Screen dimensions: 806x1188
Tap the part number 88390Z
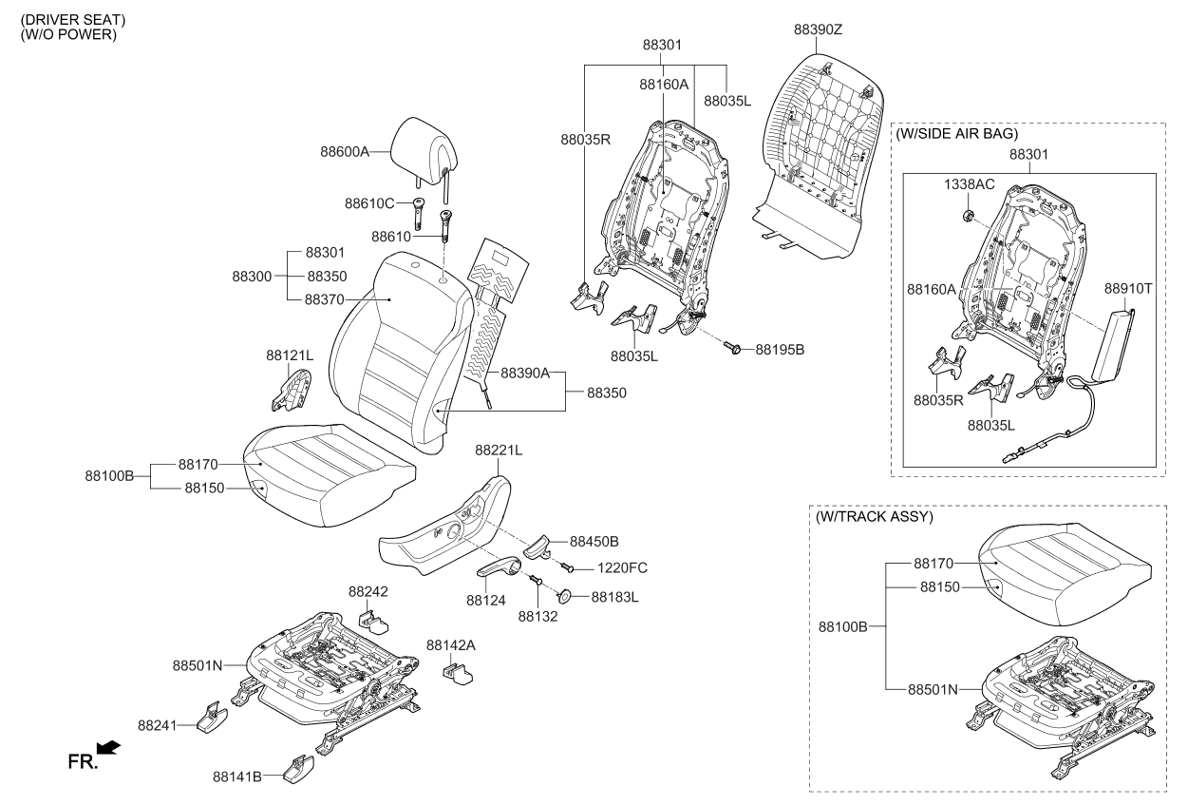pyautogui.click(x=818, y=29)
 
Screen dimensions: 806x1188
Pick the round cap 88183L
pyautogui.click(x=563, y=597)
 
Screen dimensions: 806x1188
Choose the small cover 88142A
pyautogui.click(x=458, y=672)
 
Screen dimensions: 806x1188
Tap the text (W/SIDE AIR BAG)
pyautogui.click(x=956, y=134)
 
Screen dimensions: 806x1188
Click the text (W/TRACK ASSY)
pyautogui.click(x=874, y=517)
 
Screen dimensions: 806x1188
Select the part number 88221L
pyautogui.click(x=499, y=450)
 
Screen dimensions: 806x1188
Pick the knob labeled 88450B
pyautogui.click(x=536, y=548)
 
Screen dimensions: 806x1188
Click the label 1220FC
pyautogui.click(x=622, y=568)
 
